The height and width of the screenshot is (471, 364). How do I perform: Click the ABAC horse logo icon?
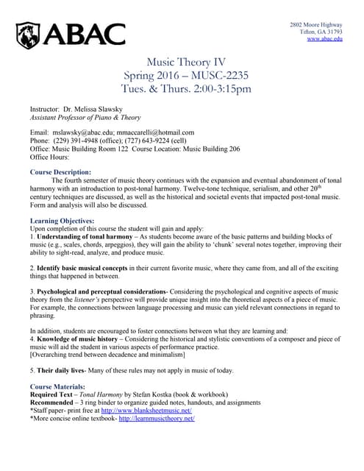point(31,34)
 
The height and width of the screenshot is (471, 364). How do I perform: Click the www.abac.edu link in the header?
point(324,39)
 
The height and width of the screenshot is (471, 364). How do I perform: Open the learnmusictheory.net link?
point(156,419)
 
